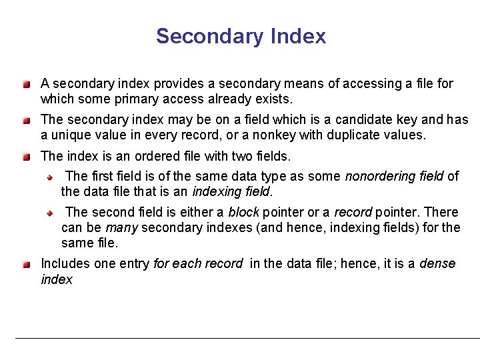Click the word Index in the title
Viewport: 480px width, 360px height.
[299, 36]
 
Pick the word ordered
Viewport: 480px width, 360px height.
[144, 157]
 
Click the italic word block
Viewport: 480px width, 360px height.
[243, 212]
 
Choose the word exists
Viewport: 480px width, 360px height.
[274, 99]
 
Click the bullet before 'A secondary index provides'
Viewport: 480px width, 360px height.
[25, 85]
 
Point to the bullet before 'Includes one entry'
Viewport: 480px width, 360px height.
[25, 265]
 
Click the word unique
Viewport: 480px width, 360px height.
[73, 135]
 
